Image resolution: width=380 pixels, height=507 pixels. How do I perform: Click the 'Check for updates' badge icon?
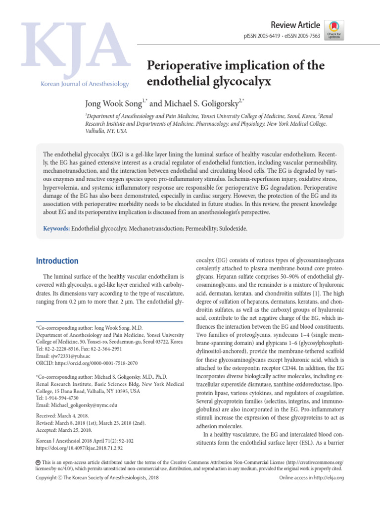pos(334,28)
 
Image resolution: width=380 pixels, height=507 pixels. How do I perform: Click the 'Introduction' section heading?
pos(57,261)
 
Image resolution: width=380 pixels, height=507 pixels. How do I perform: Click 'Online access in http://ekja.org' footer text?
pos(311,478)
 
